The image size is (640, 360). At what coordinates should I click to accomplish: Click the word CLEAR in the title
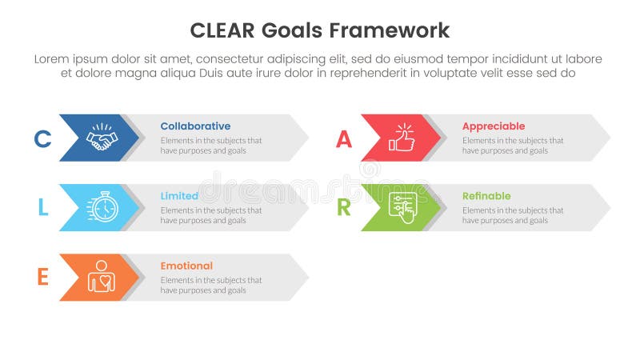222,30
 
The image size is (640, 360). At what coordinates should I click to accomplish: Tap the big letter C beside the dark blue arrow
42,138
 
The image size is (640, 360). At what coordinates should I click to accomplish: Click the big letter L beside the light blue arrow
42,208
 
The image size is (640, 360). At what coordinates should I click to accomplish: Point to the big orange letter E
42,278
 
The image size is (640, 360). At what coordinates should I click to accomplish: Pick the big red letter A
343,138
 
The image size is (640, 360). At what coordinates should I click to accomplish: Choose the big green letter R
343,208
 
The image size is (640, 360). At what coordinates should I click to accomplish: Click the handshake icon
102,138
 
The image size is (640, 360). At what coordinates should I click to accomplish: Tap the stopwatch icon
102,207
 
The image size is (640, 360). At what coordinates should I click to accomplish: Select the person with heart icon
102,277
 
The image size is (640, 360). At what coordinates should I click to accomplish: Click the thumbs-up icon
402,138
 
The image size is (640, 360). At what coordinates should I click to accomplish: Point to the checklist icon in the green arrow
402,207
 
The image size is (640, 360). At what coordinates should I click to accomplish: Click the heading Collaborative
195,126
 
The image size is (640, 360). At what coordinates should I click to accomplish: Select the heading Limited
179,196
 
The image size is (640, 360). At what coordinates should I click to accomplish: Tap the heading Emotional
186,266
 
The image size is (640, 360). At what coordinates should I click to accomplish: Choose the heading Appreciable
494,126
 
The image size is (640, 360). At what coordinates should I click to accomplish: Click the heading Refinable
486,196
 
